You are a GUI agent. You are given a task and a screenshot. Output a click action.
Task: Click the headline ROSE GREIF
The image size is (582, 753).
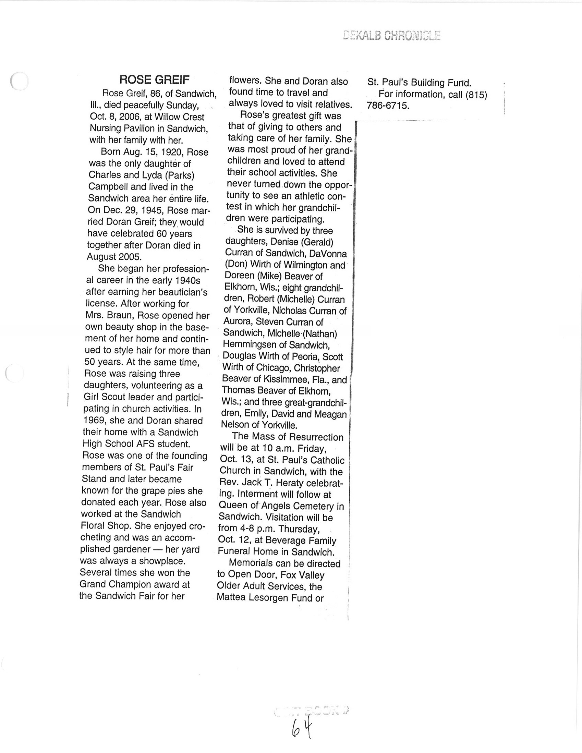pos(154,80)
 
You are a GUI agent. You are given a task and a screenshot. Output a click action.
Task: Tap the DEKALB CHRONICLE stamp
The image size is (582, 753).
pos(392,36)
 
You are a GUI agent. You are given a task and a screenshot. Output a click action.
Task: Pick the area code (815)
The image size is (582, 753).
pos(476,95)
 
